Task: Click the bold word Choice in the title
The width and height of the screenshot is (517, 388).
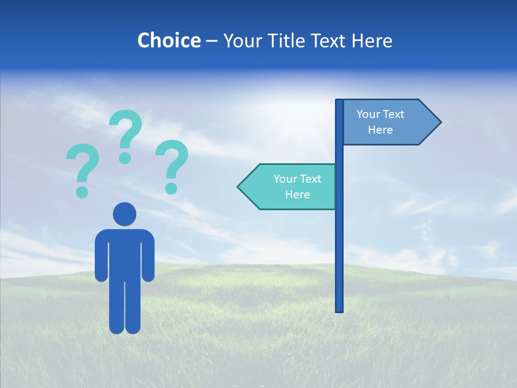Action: (x=169, y=40)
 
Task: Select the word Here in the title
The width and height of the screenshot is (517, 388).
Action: (x=372, y=40)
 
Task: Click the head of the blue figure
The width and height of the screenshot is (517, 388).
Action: (x=124, y=214)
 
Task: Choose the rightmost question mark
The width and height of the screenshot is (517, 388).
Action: (x=172, y=162)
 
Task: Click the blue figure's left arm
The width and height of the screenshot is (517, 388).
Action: (x=101, y=256)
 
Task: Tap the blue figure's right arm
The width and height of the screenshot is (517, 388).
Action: (x=148, y=256)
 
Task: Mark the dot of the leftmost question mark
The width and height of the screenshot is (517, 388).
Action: (x=82, y=191)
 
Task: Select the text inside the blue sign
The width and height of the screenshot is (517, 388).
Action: (x=380, y=122)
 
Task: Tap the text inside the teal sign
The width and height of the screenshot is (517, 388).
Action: (x=297, y=186)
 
